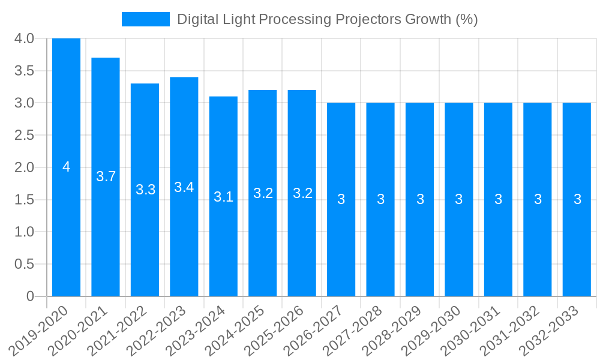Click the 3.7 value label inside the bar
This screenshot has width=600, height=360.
106,176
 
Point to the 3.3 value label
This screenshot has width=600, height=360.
145,190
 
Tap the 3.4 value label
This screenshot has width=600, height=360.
184,187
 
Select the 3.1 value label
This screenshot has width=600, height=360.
223,196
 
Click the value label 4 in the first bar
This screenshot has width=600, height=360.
66,167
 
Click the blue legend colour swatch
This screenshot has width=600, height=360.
145,19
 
